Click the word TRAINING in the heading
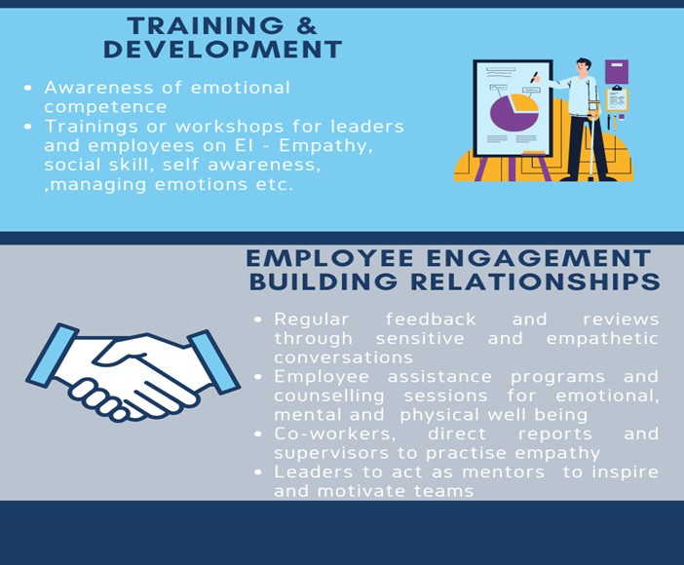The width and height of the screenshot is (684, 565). click(206, 25)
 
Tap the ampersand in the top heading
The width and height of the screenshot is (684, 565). click(307, 25)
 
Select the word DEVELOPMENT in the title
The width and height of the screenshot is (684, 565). click(222, 50)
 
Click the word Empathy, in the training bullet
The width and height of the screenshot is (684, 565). click(325, 146)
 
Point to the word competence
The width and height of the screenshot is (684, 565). click(105, 107)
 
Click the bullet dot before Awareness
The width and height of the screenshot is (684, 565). click(28, 88)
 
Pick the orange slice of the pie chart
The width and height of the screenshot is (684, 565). click(525, 103)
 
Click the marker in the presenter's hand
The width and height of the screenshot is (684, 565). click(534, 77)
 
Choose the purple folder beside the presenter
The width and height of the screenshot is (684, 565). click(617, 71)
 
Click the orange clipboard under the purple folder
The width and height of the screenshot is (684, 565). click(617, 99)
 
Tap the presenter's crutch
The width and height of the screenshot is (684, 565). click(592, 139)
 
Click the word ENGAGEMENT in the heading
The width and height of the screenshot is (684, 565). click(539, 257)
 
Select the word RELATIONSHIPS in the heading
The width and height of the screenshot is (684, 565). click(536, 282)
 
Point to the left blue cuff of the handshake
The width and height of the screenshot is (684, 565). click(53, 356)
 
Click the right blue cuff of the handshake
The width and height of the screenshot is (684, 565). click(213, 361)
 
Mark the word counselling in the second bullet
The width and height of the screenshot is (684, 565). click(329, 395)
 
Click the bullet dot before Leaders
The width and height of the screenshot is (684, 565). click(258, 471)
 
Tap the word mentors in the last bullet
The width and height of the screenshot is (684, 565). click(504, 472)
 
